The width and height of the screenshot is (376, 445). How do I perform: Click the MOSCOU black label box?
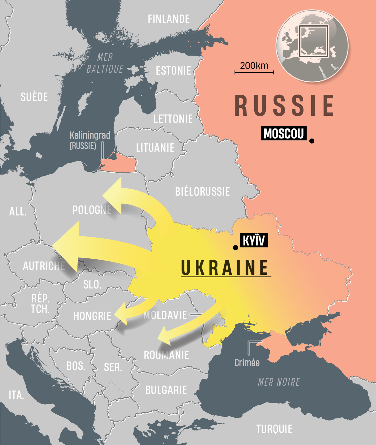tap(283, 133)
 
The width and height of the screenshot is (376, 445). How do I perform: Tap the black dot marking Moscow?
tap(312, 141)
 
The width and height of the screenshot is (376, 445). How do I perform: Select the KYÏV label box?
tap(254, 240)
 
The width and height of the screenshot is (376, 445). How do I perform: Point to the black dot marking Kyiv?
tap(235, 248)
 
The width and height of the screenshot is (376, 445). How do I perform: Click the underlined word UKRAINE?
tap(225, 268)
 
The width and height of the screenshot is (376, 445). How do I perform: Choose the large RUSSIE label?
tap(284, 106)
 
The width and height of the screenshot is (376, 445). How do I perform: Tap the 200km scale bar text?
tap(254, 66)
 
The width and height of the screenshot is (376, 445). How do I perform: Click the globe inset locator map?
tap(312, 46)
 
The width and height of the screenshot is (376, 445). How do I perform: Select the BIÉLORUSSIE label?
tap(202, 192)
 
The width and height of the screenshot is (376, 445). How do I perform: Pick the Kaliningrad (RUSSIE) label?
tap(90, 140)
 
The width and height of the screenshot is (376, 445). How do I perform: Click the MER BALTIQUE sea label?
tap(105, 63)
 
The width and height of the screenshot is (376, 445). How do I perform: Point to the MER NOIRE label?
tap(279, 382)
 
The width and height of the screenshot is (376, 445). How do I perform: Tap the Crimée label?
tap(247, 363)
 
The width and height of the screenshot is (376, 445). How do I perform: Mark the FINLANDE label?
tap(168, 19)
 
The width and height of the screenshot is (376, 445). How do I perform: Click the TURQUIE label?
tap(274, 429)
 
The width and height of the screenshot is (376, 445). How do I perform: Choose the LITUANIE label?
tap(155, 148)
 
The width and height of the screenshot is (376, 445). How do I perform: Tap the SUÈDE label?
tap(34, 97)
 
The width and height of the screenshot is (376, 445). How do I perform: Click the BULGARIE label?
tap(166, 390)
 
